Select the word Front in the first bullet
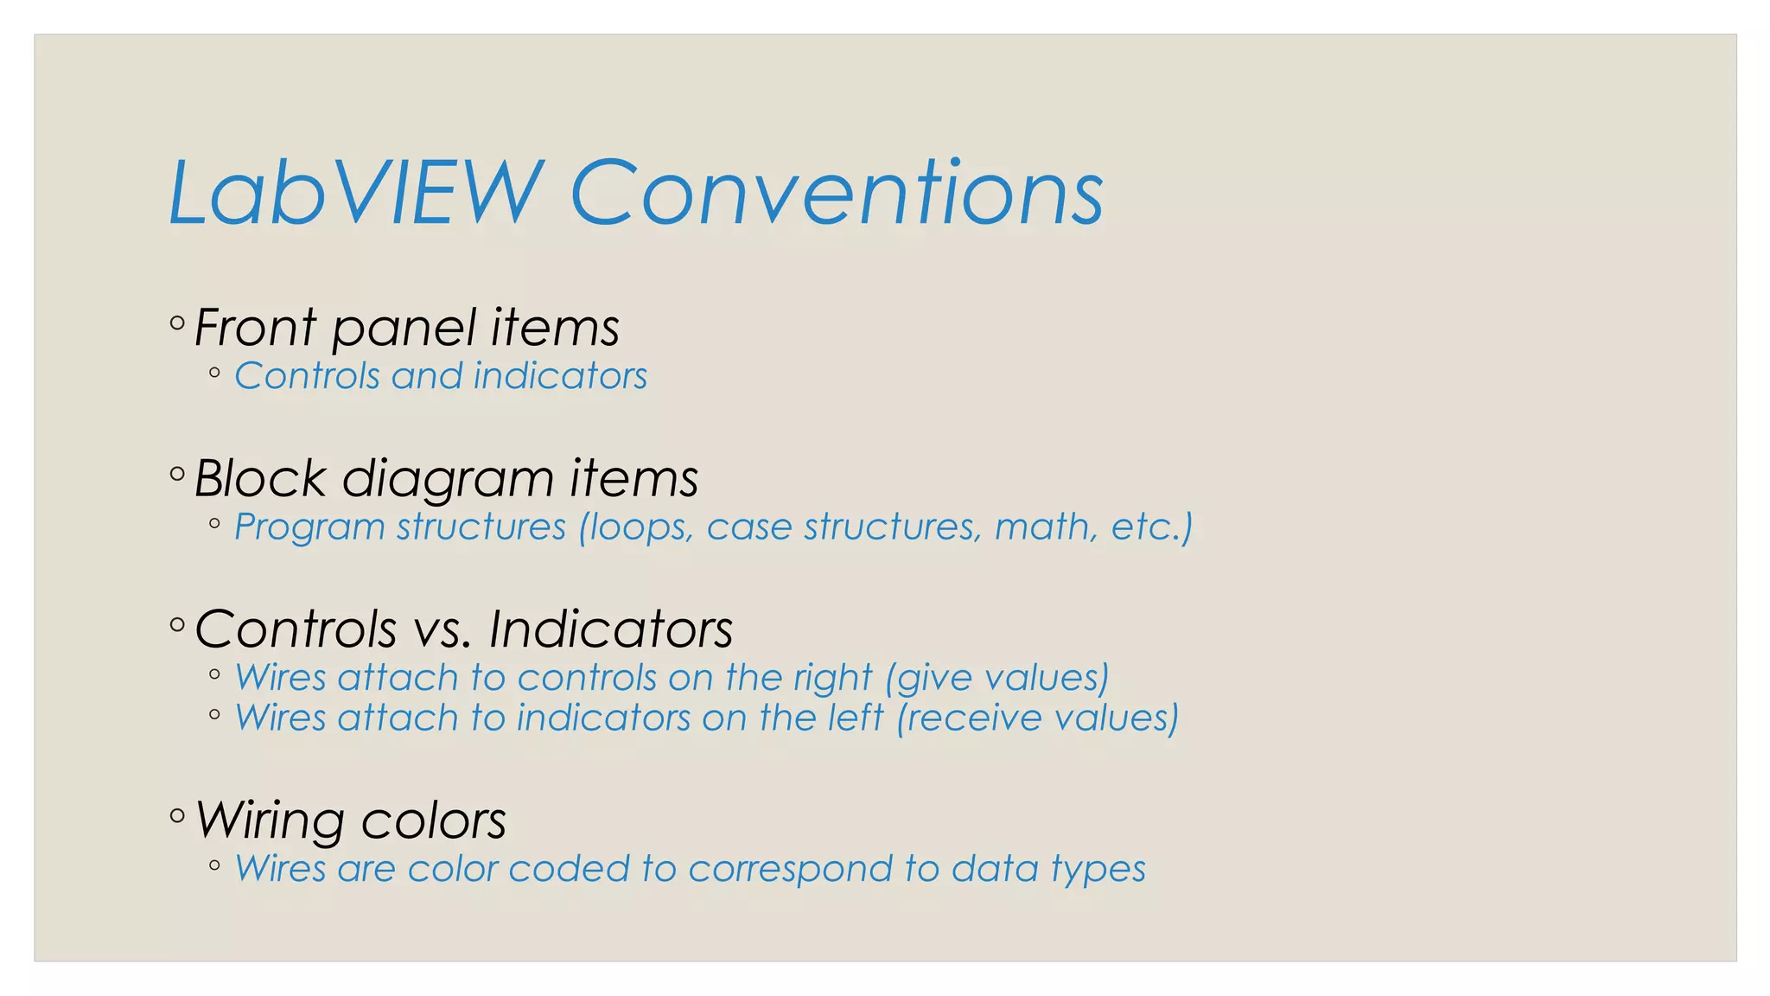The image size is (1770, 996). (255, 328)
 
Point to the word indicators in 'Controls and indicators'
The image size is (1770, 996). (560, 376)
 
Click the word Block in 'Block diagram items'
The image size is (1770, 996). (260, 478)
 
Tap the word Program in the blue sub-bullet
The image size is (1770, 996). (309, 527)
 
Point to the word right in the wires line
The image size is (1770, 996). (833, 679)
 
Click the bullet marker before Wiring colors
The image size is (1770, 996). (177, 815)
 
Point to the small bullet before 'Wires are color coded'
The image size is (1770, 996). (214, 865)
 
